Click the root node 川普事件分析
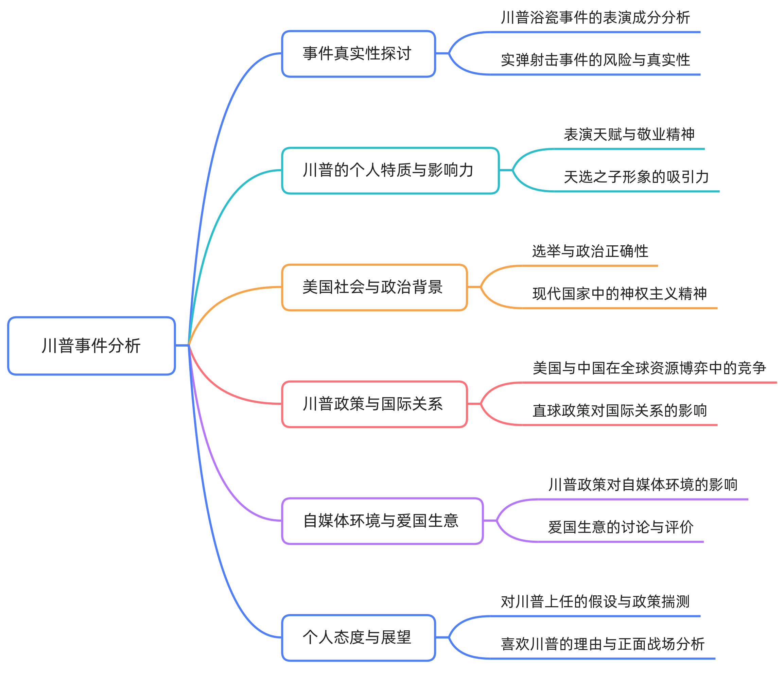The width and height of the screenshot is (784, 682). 91,346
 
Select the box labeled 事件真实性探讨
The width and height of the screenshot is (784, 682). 358,54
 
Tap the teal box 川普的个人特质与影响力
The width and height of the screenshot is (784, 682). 390,171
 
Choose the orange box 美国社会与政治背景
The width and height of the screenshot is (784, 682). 374,287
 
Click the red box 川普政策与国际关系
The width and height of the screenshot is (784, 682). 374,404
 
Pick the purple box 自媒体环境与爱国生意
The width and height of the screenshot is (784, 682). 382,521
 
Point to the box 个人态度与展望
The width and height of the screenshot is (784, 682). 358,638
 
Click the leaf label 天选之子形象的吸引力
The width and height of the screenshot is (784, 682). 636,177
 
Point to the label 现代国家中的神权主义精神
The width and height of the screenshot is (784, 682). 620,294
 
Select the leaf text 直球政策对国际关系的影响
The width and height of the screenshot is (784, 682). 620,410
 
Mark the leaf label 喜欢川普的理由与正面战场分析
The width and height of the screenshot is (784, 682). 603,644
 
